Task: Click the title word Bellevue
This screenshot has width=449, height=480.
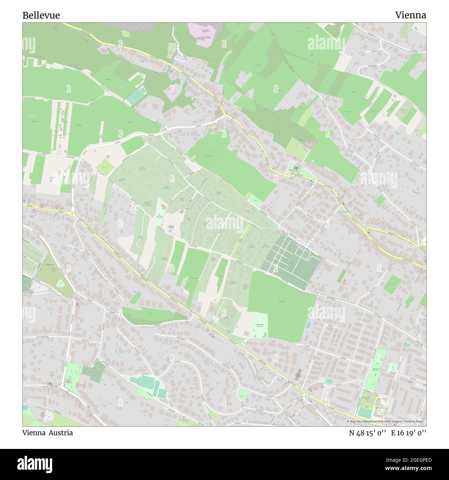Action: pos(41,15)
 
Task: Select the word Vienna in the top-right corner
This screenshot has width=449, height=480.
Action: pos(410,15)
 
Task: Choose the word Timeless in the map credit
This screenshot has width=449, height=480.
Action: pos(409,421)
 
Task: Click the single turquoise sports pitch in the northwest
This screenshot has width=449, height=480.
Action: pos(135,97)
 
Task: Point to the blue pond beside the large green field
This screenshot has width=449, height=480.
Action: pos(307,325)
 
